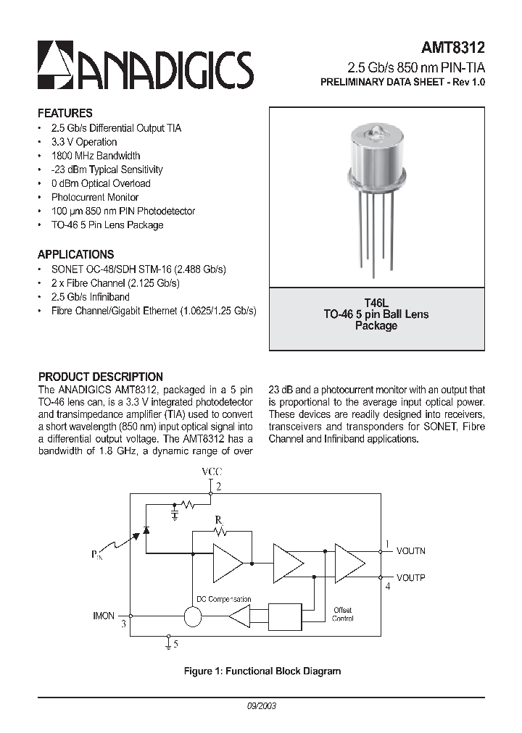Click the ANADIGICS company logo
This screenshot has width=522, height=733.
[145, 65]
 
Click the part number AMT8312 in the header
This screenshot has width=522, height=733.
[454, 49]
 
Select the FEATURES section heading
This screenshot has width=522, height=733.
[65, 113]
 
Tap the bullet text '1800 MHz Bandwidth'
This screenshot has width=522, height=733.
[96, 156]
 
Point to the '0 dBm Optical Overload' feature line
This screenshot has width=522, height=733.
[101, 183]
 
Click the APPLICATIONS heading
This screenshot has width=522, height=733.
[75, 254]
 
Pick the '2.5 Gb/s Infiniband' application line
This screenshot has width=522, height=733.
[90, 297]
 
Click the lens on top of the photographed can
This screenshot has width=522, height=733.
[376, 131]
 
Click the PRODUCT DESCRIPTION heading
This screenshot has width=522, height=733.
[100, 377]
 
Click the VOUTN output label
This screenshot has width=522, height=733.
[410, 551]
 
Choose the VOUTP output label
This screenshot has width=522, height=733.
[410, 577]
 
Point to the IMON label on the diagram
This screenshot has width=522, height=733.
[104, 616]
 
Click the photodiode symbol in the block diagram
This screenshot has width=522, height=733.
[146, 529]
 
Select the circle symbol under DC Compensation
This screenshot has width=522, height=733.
[193, 616]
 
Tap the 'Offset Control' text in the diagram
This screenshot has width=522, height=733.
[343, 614]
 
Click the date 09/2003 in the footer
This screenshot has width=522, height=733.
[262, 705]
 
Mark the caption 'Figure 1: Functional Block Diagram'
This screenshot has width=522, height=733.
[262, 671]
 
